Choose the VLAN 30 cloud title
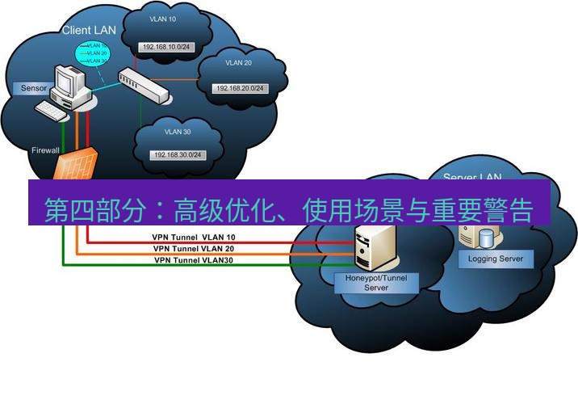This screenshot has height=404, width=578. tap(178, 131)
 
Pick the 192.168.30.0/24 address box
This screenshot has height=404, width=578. tap(176, 154)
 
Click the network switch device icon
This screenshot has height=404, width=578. tap(145, 84)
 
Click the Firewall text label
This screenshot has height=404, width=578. tap(45, 150)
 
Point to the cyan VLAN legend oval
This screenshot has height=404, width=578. tap(87, 53)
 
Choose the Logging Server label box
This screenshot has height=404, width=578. tap(496, 259)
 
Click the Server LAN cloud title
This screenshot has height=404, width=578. tap(472, 176)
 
